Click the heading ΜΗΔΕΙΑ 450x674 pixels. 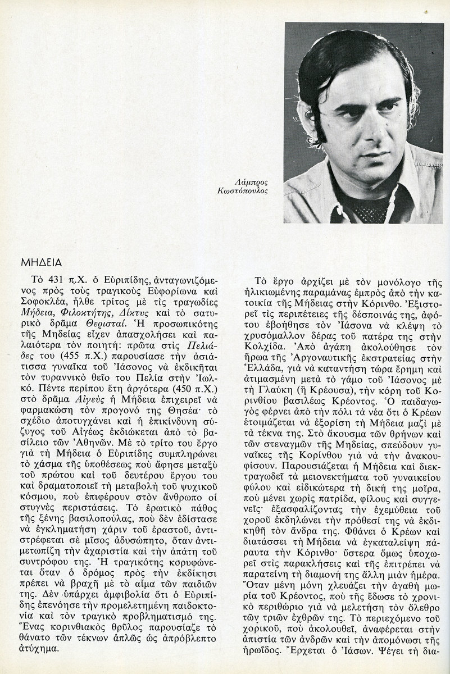(x=38, y=262)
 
